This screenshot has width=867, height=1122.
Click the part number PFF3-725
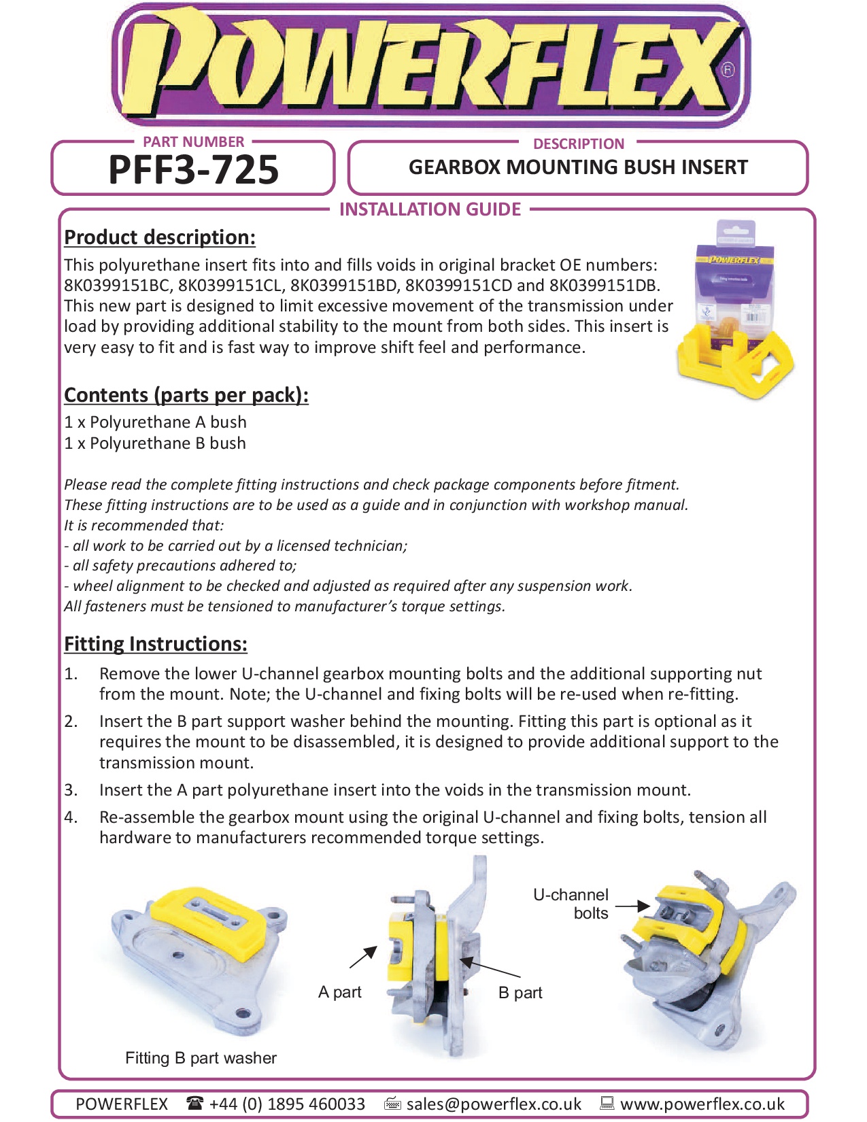pyautogui.click(x=193, y=170)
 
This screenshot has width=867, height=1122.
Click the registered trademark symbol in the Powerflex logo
pyautogui.click(x=728, y=69)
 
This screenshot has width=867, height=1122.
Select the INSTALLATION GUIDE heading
pyautogui.click(x=430, y=209)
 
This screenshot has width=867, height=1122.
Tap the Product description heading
pyautogui.click(x=160, y=237)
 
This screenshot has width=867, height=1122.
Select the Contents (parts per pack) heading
pyautogui.click(x=186, y=395)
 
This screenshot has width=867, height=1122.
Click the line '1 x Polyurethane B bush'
pyautogui.click(x=155, y=443)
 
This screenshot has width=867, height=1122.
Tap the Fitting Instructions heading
pyautogui.click(x=156, y=644)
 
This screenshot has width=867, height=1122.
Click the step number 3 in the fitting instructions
pyautogui.click(x=71, y=790)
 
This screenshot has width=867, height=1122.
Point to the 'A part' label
pyautogui.click(x=340, y=992)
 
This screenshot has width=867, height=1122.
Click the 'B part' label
pyautogui.click(x=520, y=993)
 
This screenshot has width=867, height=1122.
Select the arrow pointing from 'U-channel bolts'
pyautogui.click(x=632, y=906)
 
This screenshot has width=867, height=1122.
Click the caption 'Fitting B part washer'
pyautogui.click(x=201, y=1058)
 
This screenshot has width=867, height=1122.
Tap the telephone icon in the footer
pyautogui.click(x=194, y=1104)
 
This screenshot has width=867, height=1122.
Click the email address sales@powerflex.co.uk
pyautogui.click(x=494, y=1104)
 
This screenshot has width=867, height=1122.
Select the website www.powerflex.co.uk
pyautogui.click(x=702, y=1104)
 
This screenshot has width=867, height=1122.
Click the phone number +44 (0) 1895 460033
pyautogui.click(x=287, y=1104)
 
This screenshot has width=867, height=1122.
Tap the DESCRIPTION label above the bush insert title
pyautogui.click(x=579, y=144)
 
